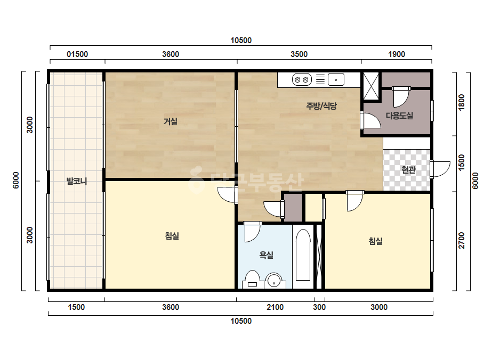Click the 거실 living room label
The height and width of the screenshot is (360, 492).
(171, 121)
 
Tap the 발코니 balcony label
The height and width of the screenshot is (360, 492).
(77, 181)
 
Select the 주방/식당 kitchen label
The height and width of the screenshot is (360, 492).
(321, 106)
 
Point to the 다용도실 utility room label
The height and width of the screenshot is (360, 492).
(399, 116)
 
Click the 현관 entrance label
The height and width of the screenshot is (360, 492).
(408, 170)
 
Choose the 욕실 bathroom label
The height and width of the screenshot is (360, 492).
(266, 255)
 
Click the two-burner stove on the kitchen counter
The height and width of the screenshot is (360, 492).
(302, 80)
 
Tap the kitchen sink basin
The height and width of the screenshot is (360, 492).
(336, 80)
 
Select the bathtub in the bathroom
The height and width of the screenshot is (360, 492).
(303, 255)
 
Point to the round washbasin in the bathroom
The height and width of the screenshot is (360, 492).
(274, 280)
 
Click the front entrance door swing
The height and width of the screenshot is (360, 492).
(440, 169)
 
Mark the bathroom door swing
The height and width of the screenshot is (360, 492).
(252, 232)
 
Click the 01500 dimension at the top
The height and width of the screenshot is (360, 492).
(77, 54)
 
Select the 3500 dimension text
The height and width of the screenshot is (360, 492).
(299, 54)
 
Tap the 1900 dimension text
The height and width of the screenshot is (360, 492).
(397, 54)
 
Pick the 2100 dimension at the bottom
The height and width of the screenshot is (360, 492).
(275, 307)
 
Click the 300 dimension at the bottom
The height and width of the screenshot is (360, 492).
(319, 307)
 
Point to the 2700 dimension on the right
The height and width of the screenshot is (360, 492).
(462, 240)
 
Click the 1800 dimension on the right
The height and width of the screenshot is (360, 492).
(462, 102)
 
